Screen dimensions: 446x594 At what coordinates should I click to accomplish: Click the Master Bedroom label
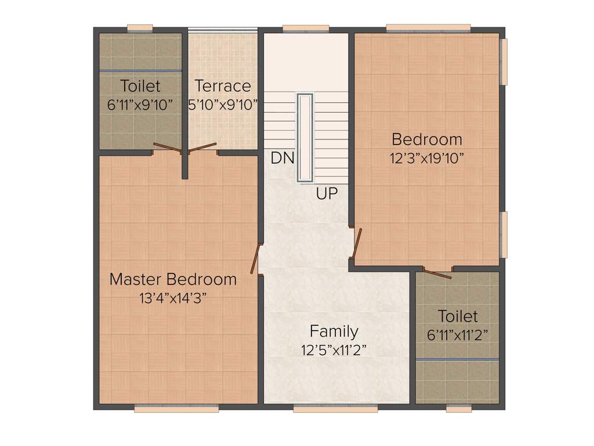[x=173, y=279]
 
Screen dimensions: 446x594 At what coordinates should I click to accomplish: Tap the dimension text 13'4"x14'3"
[x=173, y=298]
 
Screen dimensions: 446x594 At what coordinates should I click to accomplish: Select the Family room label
[x=334, y=332]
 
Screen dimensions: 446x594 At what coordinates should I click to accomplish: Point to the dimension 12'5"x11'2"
[x=334, y=350]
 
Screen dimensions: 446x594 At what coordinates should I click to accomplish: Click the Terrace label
[x=223, y=87]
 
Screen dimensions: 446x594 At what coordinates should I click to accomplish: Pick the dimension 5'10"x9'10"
[x=223, y=105]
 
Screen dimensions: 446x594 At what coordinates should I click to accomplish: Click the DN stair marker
[x=282, y=158]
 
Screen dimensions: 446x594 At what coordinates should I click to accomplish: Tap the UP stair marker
[x=327, y=194]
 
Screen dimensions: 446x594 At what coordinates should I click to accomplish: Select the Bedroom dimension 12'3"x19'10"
[x=427, y=158]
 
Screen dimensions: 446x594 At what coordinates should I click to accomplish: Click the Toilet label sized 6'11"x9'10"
[x=140, y=87]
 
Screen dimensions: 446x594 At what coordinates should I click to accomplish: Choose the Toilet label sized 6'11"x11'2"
[x=458, y=316]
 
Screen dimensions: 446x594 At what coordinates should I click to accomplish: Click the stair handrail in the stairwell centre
[x=305, y=138]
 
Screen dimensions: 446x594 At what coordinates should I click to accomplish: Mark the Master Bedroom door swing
[x=254, y=258]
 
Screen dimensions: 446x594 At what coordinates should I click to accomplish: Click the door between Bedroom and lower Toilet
[x=437, y=273]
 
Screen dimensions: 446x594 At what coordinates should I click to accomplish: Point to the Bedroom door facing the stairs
[x=357, y=243]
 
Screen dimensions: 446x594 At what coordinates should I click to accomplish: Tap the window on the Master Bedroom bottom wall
[x=176, y=409]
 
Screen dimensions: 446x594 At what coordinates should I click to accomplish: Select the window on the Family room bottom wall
[x=335, y=409]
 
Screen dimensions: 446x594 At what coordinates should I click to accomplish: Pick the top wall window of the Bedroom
[x=428, y=28]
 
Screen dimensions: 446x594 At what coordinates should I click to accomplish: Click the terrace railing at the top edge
[x=223, y=30]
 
